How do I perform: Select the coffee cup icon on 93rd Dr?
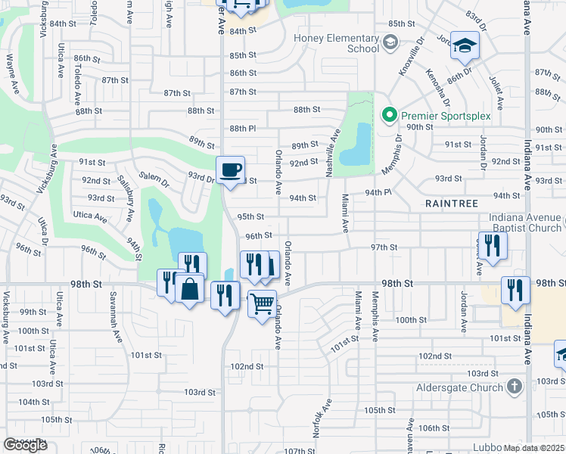230,169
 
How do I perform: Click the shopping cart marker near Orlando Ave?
262,303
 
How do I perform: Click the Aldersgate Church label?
460,387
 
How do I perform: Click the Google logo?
26,445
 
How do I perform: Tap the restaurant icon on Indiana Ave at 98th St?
515,291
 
